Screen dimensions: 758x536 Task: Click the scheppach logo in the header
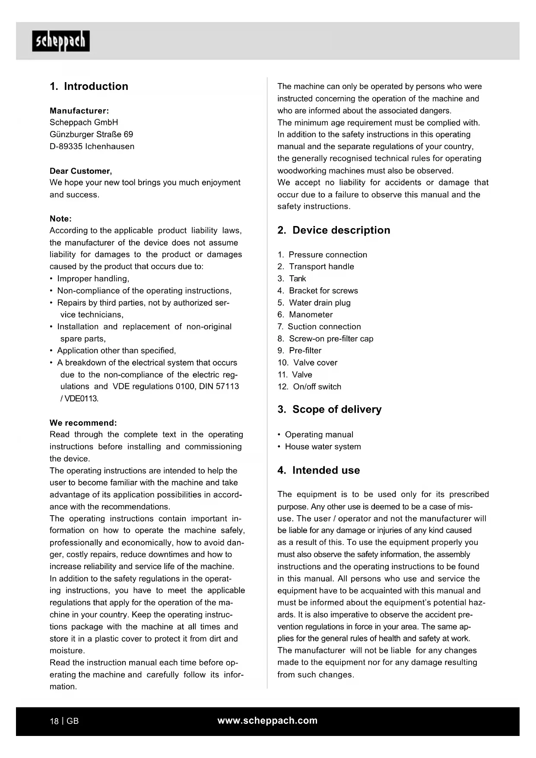(x=61, y=41)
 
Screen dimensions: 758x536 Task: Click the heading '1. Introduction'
(x=89, y=86)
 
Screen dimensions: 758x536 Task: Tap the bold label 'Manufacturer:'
(x=79, y=111)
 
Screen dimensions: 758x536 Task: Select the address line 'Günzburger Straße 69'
(x=91, y=134)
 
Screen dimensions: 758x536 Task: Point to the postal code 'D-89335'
(x=66, y=147)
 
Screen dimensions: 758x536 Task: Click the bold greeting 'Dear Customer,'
(x=81, y=171)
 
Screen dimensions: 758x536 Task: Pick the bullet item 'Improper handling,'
(x=93, y=279)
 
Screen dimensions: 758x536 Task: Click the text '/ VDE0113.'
(x=79, y=398)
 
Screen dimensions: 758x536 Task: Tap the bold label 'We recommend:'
(x=83, y=423)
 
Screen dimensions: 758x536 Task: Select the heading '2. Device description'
(x=333, y=230)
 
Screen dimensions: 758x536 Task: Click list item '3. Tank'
(x=292, y=279)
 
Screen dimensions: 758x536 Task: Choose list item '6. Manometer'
(x=305, y=315)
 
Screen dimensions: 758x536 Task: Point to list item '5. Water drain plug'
(x=314, y=303)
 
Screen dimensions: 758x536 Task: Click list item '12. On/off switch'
(x=309, y=387)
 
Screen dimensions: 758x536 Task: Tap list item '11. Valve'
(x=295, y=375)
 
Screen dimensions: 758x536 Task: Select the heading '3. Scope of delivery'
(x=330, y=409)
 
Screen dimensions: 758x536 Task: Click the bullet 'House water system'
(x=323, y=446)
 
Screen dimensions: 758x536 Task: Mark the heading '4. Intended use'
(x=319, y=470)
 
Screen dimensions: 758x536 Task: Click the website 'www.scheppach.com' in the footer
(x=267, y=720)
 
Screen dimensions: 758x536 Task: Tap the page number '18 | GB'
(x=64, y=721)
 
